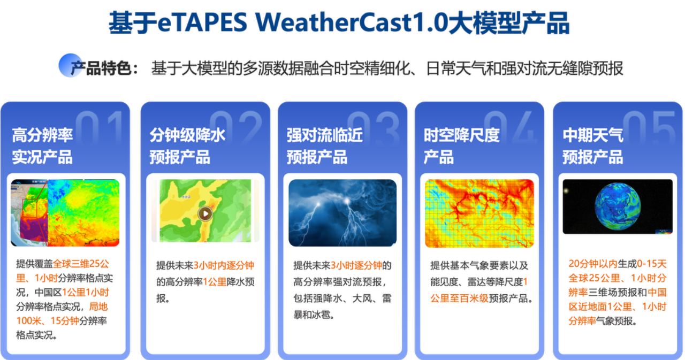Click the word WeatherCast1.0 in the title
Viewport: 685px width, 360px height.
(352, 23)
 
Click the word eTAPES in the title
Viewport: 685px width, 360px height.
(202, 23)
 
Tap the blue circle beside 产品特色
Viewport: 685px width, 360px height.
(70, 65)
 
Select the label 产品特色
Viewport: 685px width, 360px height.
(101, 68)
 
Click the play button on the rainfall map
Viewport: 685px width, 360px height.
(205, 213)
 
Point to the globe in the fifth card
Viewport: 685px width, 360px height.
(618, 206)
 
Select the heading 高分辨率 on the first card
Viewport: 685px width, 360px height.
(42, 135)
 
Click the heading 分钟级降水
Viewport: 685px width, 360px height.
(187, 135)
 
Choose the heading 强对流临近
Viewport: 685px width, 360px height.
(324, 135)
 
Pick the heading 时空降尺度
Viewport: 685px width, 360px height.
(462, 135)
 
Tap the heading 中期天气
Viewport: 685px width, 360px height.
(593, 135)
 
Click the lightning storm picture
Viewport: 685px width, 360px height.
(342, 213)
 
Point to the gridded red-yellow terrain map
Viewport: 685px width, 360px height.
(479, 213)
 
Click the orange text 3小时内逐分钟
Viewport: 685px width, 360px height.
(224, 265)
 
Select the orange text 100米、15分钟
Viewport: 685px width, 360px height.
(48, 320)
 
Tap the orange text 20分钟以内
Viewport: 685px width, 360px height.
(593, 263)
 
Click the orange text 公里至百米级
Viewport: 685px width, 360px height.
(459, 298)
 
